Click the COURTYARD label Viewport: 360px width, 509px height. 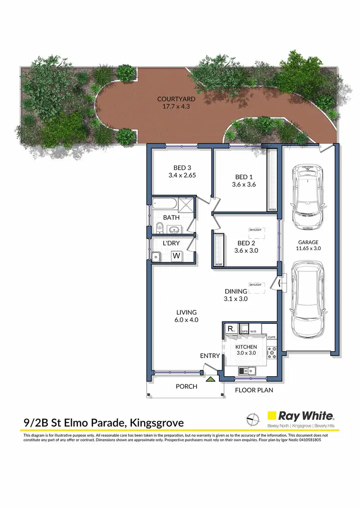pos(173,100)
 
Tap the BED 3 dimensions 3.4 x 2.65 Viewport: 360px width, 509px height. pos(182,176)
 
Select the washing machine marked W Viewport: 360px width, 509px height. pos(177,256)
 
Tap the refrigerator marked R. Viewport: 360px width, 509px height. pos(231,329)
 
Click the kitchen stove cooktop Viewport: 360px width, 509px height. pos(272,352)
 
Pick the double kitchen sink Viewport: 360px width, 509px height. pos(247,370)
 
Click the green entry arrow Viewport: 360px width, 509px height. pos(211,379)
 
